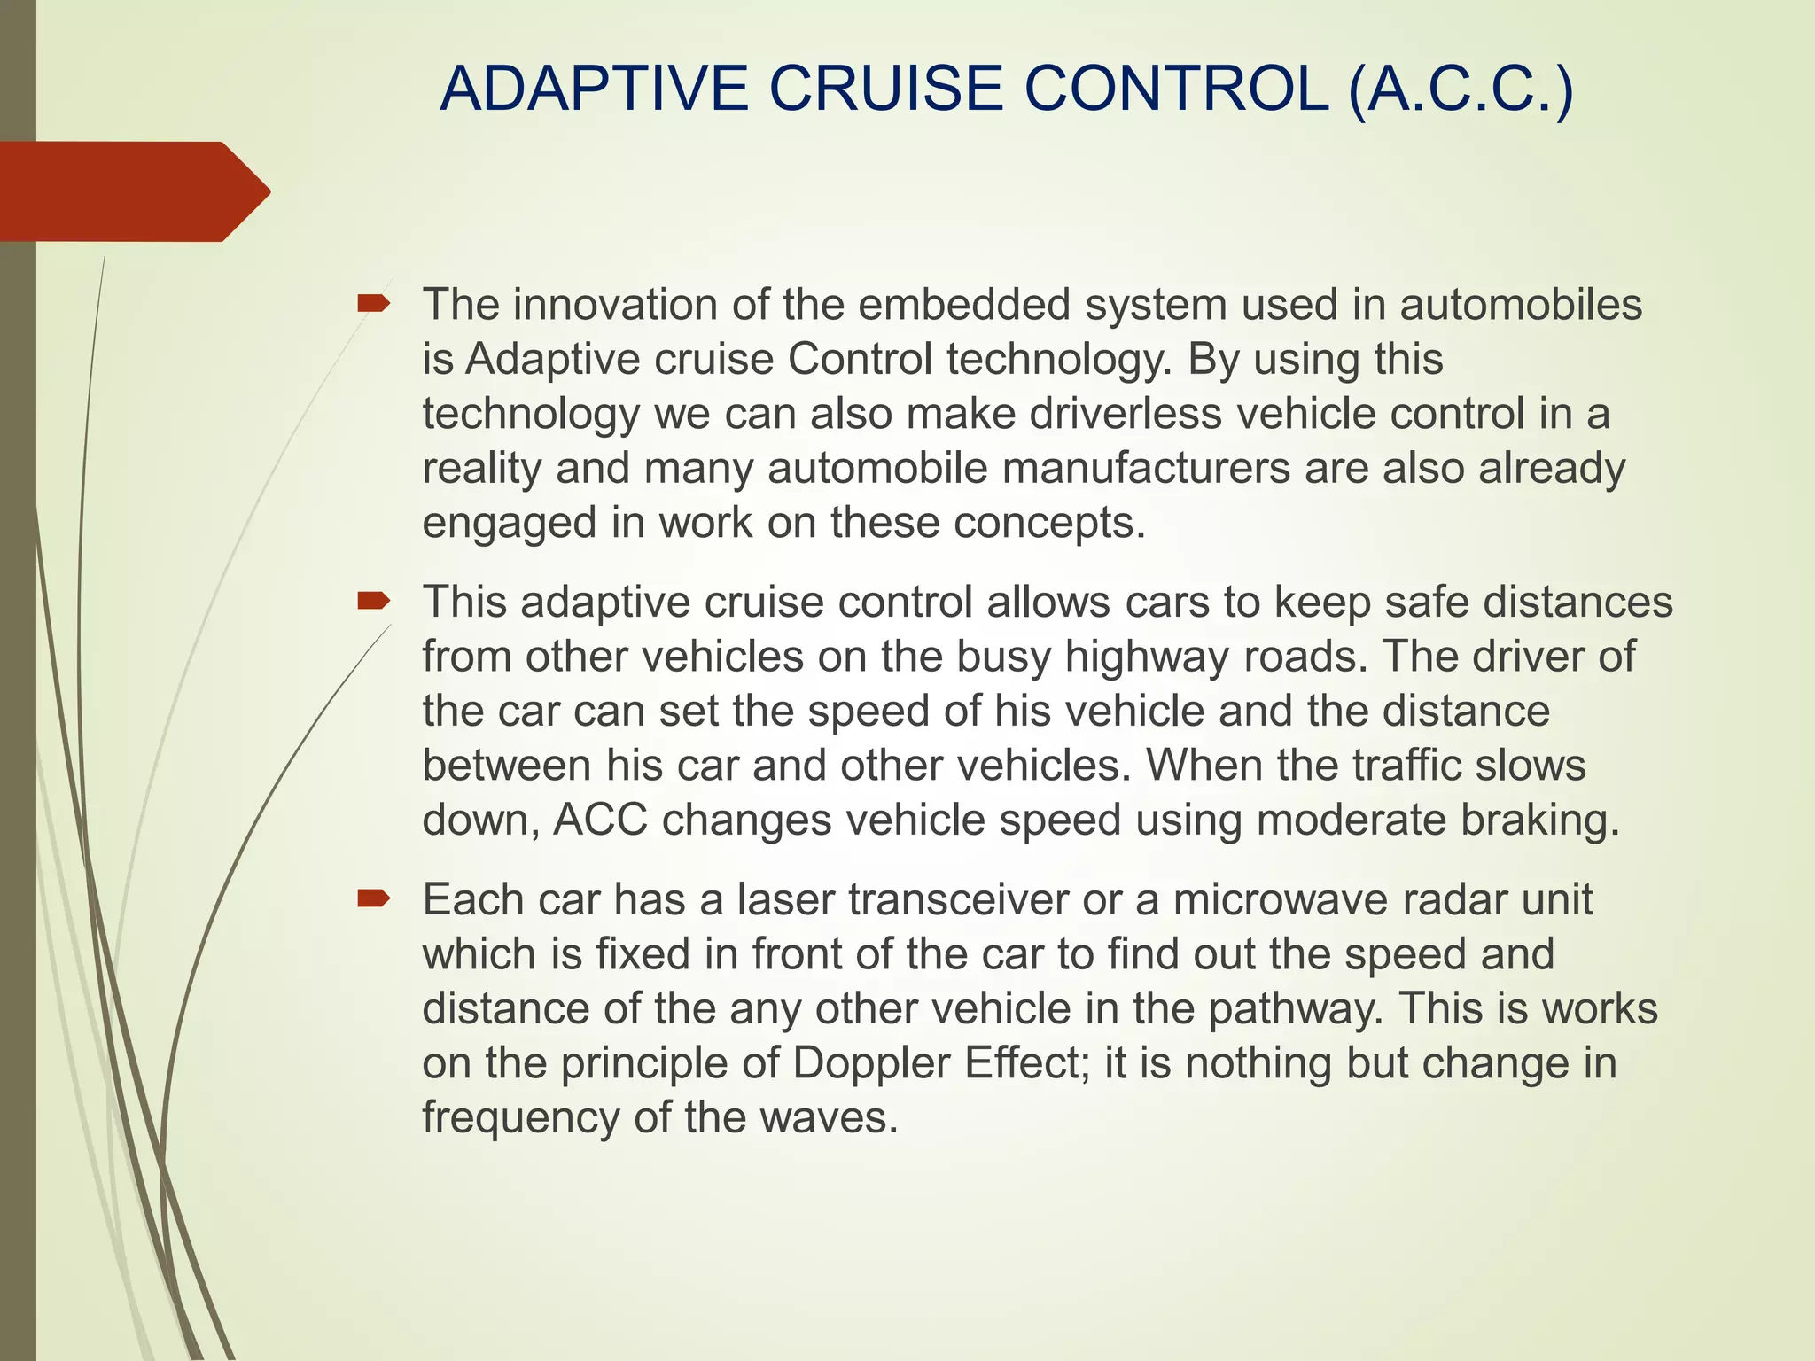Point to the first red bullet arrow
(373, 305)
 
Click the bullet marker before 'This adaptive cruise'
(373, 603)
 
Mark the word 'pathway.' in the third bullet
(1295, 1009)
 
